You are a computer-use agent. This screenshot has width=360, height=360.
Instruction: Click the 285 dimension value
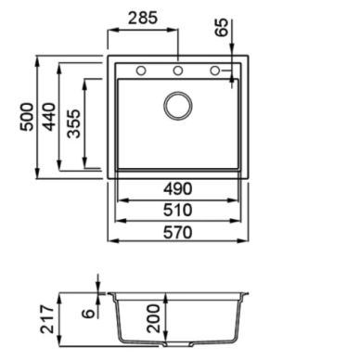point(143,18)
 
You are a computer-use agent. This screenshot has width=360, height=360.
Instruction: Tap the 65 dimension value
point(222,28)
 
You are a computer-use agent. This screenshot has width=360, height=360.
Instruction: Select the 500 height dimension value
point(27,117)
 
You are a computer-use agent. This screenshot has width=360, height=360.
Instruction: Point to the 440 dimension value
point(49,117)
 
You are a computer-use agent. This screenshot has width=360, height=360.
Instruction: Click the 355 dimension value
point(74,123)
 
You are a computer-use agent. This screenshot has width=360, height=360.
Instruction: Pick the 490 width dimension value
point(178,188)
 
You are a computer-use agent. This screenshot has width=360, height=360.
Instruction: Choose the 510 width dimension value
point(178,210)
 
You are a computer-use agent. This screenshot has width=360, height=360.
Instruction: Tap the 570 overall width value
point(178,232)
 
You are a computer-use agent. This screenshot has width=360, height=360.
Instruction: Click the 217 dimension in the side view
point(47,319)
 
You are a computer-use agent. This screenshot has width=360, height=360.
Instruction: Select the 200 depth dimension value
point(154,318)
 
